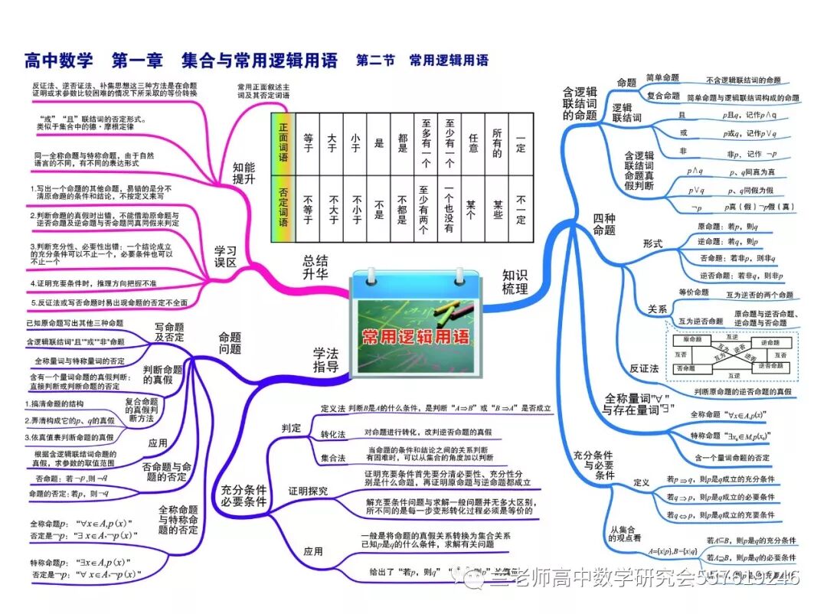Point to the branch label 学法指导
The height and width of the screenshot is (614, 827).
(x=325, y=360)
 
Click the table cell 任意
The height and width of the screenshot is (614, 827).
(x=472, y=144)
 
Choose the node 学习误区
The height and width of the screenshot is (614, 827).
(x=225, y=256)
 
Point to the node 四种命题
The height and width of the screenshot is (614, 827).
(x=604, y=224)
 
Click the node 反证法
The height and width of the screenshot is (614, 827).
(x=644, y=368)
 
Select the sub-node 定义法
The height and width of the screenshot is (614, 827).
(x=333, y=409)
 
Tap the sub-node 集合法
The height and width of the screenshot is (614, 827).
(x=333, y=457)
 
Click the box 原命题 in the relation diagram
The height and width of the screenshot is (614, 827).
(x=692, y=339)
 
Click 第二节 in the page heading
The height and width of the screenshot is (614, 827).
(x=375, y=60)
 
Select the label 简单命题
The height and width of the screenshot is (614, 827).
(x=662, y=78)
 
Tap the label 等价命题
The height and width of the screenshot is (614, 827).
(x=694, y=292)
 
